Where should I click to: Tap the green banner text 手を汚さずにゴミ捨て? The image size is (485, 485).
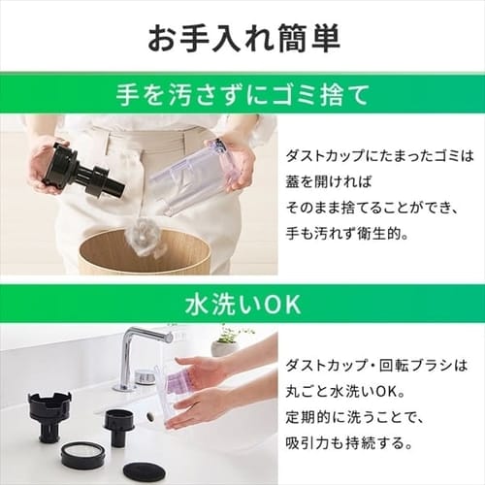pos(242,97)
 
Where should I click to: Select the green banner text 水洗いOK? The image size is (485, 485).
pos(242,305)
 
